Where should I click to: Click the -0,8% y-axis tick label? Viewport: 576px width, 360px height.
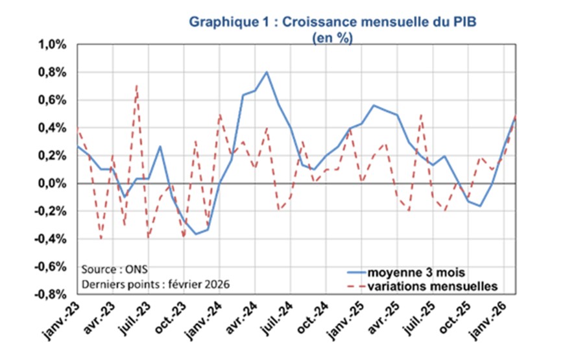[52, 294]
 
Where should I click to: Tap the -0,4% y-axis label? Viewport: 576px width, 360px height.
[52, 239]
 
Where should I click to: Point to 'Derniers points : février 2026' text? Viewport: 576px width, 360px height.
[156, 284]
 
